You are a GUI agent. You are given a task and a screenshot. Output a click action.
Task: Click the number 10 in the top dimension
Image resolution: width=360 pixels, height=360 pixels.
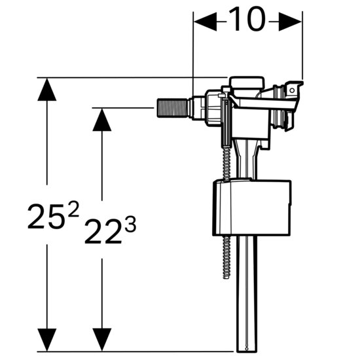(248, 21)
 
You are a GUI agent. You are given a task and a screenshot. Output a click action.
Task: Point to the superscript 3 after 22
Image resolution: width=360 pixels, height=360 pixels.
(130, 225)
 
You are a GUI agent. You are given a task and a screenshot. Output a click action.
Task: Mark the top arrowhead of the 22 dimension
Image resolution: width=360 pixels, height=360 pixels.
(101, 118)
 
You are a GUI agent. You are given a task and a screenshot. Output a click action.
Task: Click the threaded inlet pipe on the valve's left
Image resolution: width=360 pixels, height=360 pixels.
(171, 107)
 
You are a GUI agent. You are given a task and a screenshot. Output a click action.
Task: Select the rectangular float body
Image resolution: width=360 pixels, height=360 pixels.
(252, 207)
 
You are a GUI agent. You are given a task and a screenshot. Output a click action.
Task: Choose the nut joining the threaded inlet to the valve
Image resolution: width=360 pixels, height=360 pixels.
(196, 107)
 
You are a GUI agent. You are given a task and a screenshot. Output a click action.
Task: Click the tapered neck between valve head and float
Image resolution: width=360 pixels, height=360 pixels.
(245, 160)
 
